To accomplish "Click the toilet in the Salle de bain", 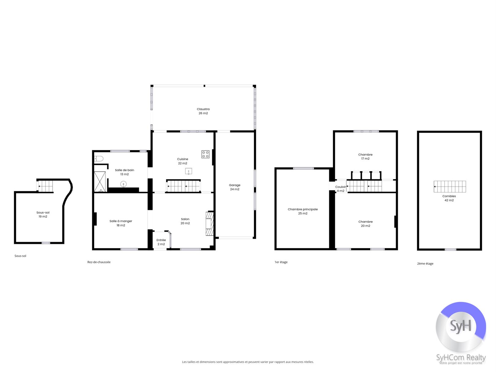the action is click(x=99, y=159).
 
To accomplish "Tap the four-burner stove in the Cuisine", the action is click(x=205, y=154).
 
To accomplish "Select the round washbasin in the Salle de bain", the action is click(x=123, y=184).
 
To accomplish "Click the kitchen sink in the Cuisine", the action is click(x=189, y=171).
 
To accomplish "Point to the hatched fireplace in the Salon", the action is click(x=209, y=224).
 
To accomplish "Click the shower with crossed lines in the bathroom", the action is click(x=100, y=182).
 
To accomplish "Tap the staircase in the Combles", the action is click(x=450, y=186).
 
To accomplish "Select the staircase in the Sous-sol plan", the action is click(x=45, y=186).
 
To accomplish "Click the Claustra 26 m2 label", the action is click(x=203, y=111).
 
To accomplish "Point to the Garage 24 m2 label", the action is click(x=235, y=187).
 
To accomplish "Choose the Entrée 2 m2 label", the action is click(x=161, y=242).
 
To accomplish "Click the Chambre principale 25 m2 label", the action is click(x=302, y=211).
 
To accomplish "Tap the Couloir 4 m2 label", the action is click(x=340, y=189).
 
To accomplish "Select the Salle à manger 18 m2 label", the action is click(x=121, y=223).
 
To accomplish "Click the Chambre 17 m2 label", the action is click(x=365, y=156).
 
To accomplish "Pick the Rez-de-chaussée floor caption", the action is click(x=99, y=262).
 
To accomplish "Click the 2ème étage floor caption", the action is click(x=425, y=264).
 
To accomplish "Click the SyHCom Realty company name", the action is click(x=461, y=358).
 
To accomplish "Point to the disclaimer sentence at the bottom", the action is click(x=248, y=362).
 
